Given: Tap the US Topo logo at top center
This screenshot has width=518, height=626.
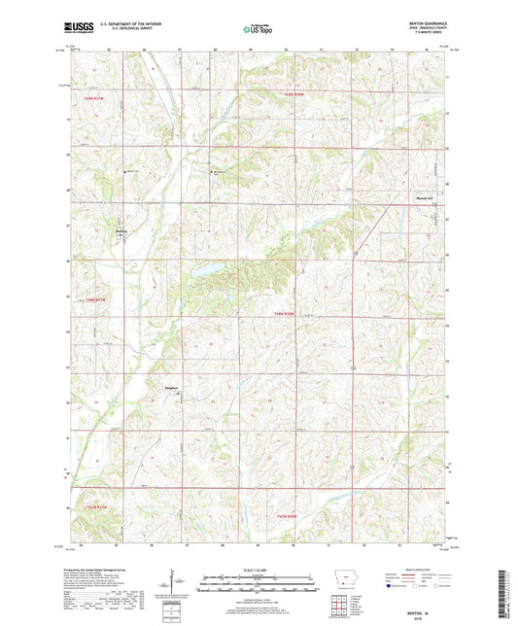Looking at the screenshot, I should (x=258, y=30).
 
